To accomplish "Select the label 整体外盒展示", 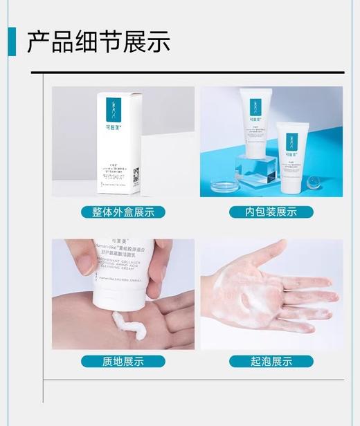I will click(123, 212).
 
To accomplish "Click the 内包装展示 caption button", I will click(271, 212).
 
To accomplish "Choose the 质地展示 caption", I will click(123, 361).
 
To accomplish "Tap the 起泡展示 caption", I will click(271, 361).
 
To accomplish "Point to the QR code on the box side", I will click(136, 174).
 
